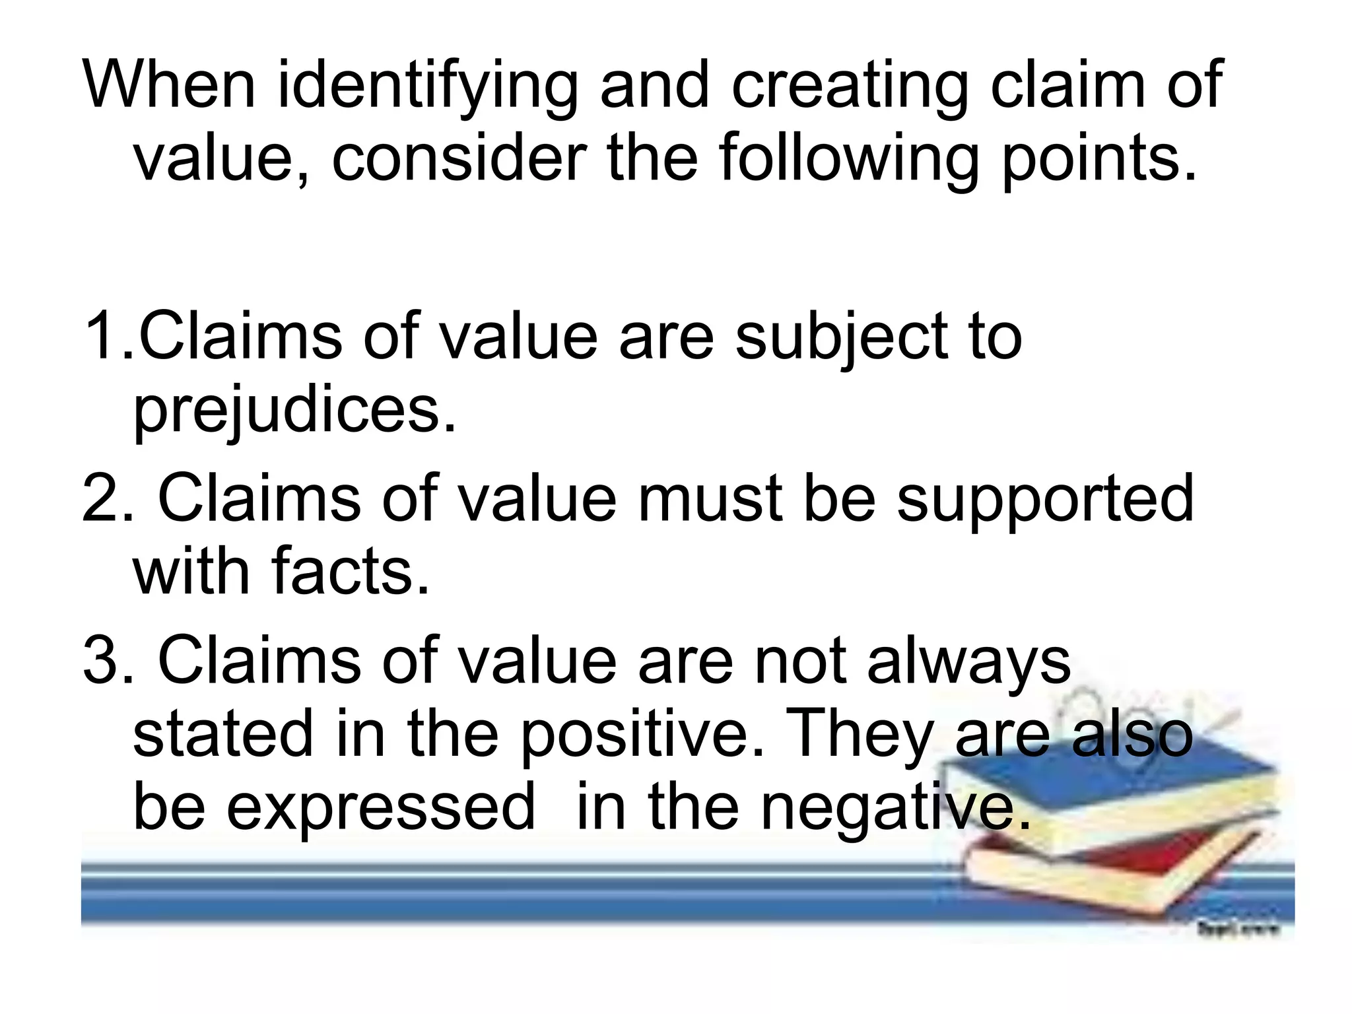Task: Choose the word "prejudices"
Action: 294,411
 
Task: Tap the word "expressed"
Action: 380,809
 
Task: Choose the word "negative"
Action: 895,809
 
